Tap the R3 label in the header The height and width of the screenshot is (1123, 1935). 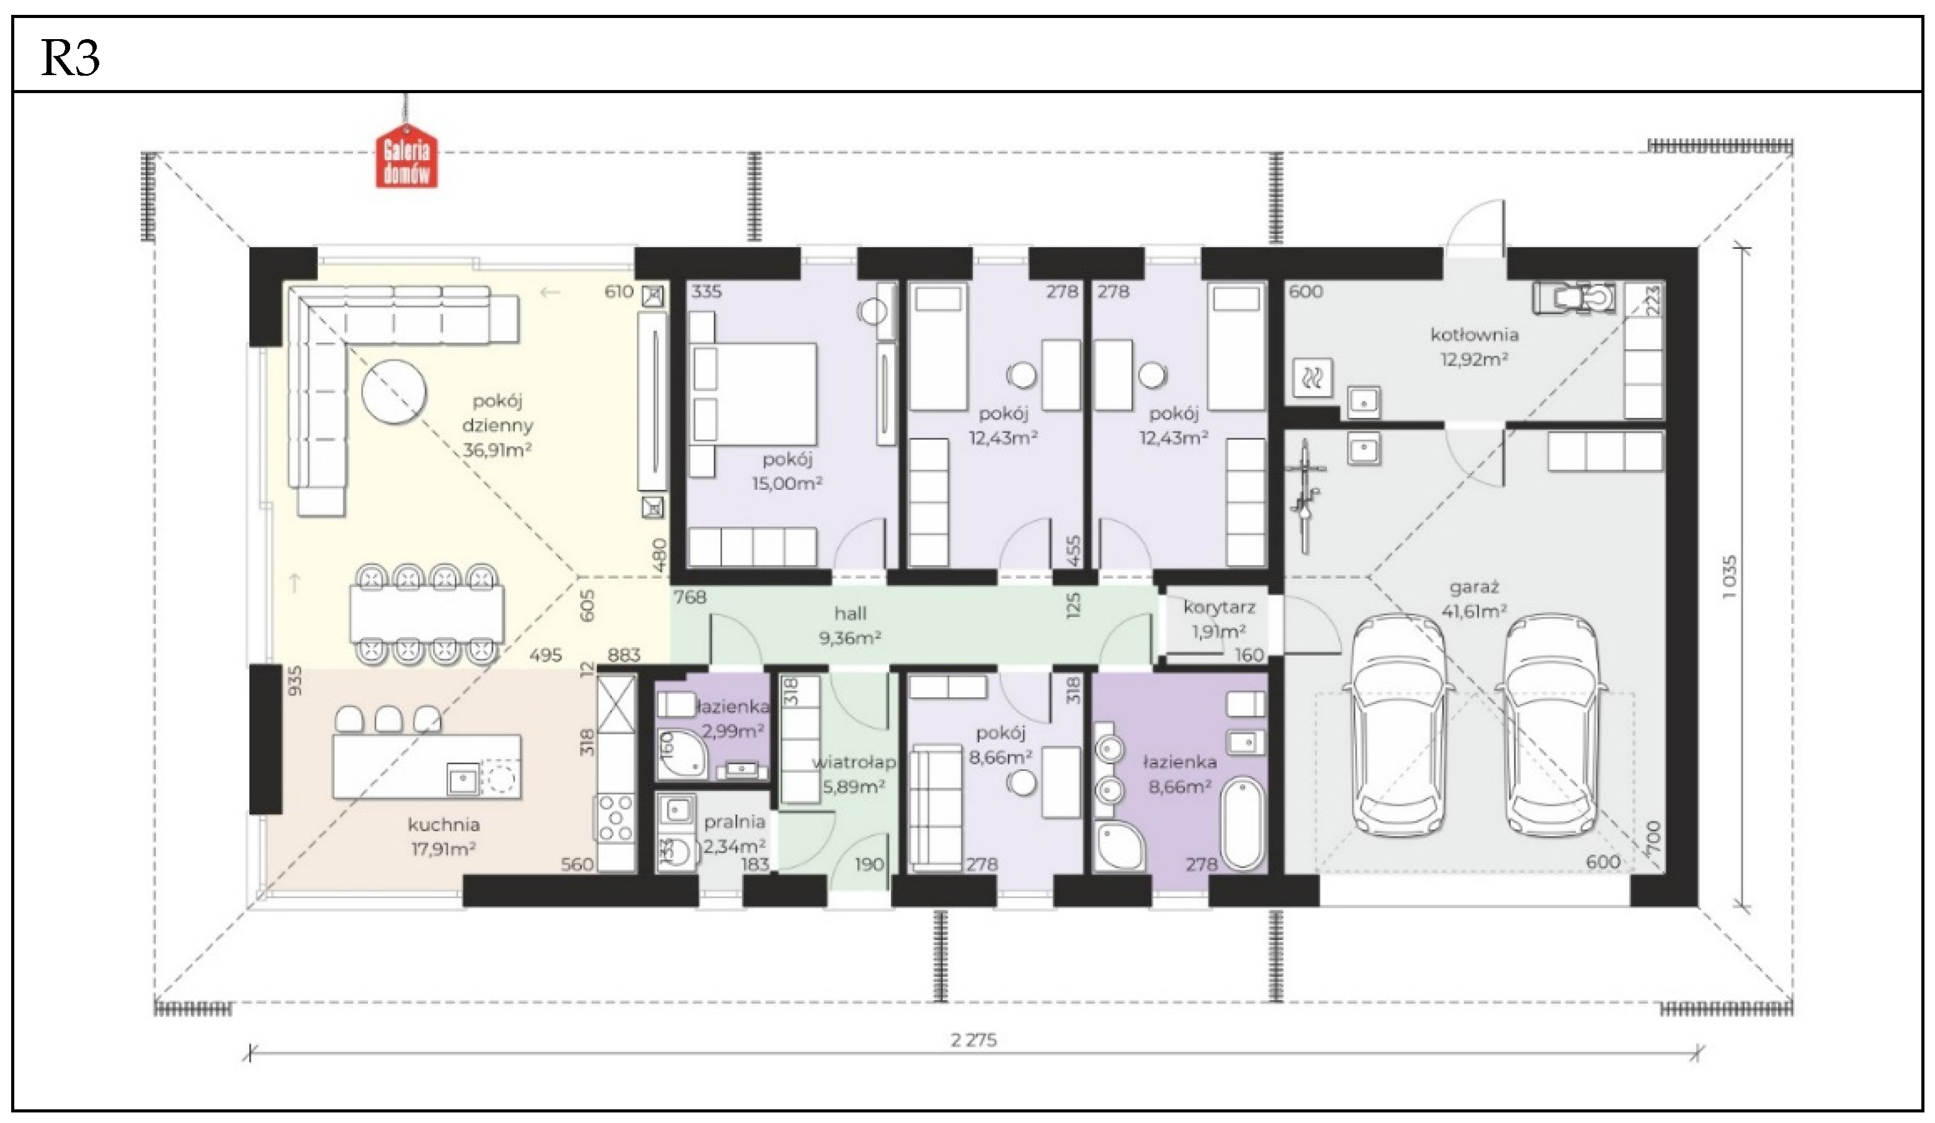[70, 58]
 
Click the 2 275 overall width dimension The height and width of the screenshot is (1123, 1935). [973, 1040]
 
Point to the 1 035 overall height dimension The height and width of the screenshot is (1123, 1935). [1729, 577]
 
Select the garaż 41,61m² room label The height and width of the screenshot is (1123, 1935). [1473, 599]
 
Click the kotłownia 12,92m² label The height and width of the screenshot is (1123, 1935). [1474, 346]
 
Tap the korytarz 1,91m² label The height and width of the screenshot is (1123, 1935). [1219, 619]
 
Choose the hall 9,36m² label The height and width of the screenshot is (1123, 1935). [850, 625]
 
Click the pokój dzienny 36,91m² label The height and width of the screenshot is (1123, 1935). [498, 425]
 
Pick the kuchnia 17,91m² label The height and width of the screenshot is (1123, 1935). [444, 836]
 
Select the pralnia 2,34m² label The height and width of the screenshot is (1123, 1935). [735, 834]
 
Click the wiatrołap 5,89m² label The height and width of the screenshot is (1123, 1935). [854, 774]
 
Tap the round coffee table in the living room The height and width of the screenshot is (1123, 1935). [393, 392]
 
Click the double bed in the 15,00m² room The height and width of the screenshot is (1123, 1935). [753, 394]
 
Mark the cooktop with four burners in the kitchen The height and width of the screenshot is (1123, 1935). [616, 818]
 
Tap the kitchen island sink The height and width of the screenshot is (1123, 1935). [462, 780]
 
